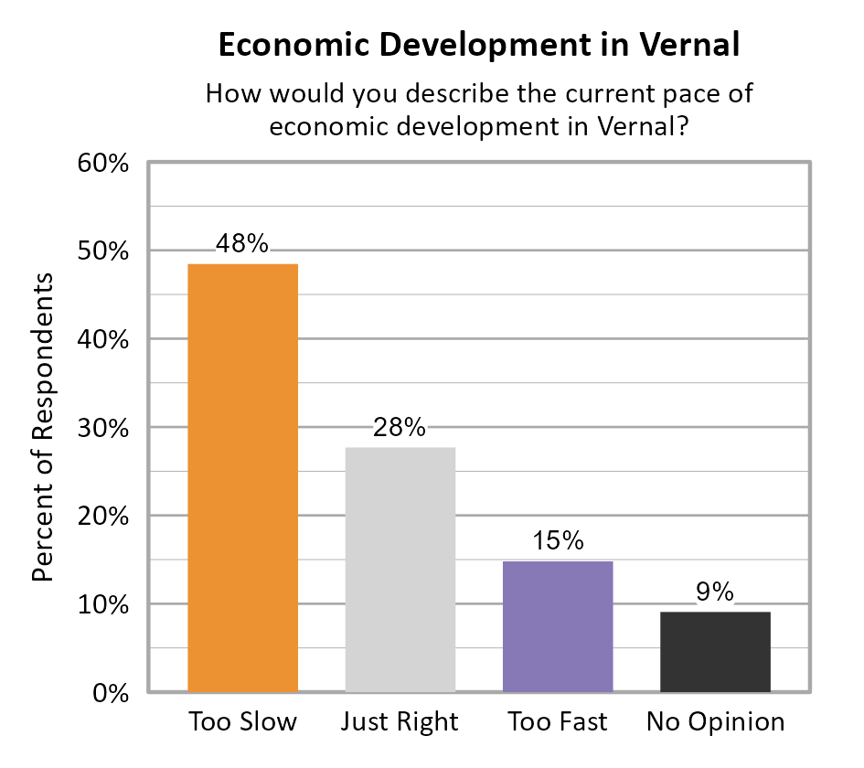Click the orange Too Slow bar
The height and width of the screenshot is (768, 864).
(242, 477)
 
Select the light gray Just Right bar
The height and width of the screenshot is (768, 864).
(400, 569)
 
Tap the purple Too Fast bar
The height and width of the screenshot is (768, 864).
(558, 626)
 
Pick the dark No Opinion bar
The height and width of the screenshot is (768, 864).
(715, 651)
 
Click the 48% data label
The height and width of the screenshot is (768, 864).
(242, 244)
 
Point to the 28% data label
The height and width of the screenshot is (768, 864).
(400, 427)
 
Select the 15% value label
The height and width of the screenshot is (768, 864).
(558, 540)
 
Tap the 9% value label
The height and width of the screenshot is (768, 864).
(715, 592)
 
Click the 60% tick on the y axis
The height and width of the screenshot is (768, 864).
(101, 165)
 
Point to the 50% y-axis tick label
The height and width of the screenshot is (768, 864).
(101, 252)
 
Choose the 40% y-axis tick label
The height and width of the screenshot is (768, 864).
(101, 340)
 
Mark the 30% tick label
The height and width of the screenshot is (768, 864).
(101, 429)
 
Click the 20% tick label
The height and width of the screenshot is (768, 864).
(101, 517)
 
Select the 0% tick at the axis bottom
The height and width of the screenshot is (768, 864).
(110, 693)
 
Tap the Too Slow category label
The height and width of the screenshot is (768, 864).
(242, 722)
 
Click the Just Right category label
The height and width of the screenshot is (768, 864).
(400, 722)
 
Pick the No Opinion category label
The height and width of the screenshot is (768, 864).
(715, 722)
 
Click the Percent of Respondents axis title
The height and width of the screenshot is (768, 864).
(43, 427)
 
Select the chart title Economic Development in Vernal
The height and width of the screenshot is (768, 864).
(479, 45)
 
